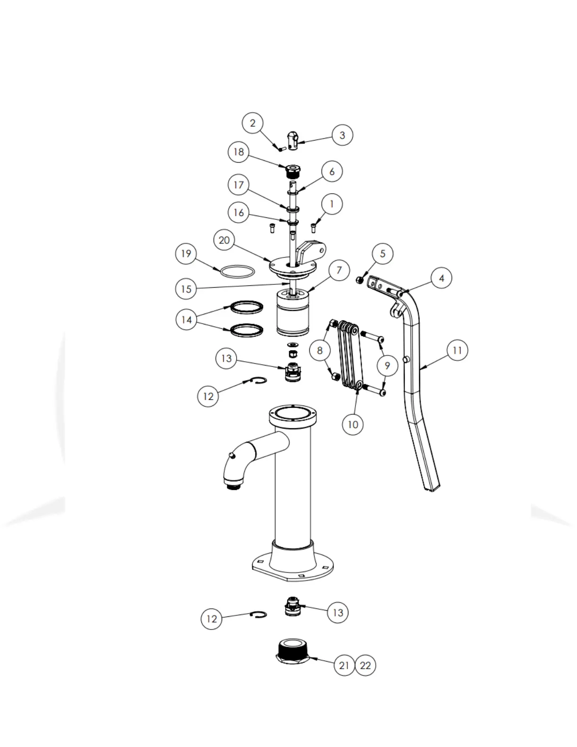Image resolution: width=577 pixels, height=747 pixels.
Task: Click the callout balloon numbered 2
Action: [x=253, y=123]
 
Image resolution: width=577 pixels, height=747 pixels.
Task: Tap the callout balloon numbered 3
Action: [x=342, y=135]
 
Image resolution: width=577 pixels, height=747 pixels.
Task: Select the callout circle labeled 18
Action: [x=239, y=152]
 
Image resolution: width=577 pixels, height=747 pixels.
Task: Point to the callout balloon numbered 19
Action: [x=186, y=254]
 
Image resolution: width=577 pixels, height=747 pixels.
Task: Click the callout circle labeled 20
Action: [x=224, y=241]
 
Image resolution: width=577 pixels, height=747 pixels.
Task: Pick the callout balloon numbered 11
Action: [x=457, y=351]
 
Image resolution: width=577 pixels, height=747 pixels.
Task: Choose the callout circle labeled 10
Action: [x=353, y=424]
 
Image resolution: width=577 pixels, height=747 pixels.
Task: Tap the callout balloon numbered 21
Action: [x=344, y=665]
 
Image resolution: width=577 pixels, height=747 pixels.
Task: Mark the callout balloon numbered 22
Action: [x=365, y=665]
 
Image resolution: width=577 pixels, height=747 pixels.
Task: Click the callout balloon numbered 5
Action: [x=382, y=254]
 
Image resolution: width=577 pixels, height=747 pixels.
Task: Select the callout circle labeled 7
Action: [x=338, y=270]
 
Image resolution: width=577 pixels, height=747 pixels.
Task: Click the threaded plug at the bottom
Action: [x=292, y=652]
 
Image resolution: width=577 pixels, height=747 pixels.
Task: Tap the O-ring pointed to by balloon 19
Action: [x=238, y=272]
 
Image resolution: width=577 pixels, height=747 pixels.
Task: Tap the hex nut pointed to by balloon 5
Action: [x=359, y=280]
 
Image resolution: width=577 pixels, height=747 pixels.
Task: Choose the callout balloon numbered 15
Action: [x=186, y=289]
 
